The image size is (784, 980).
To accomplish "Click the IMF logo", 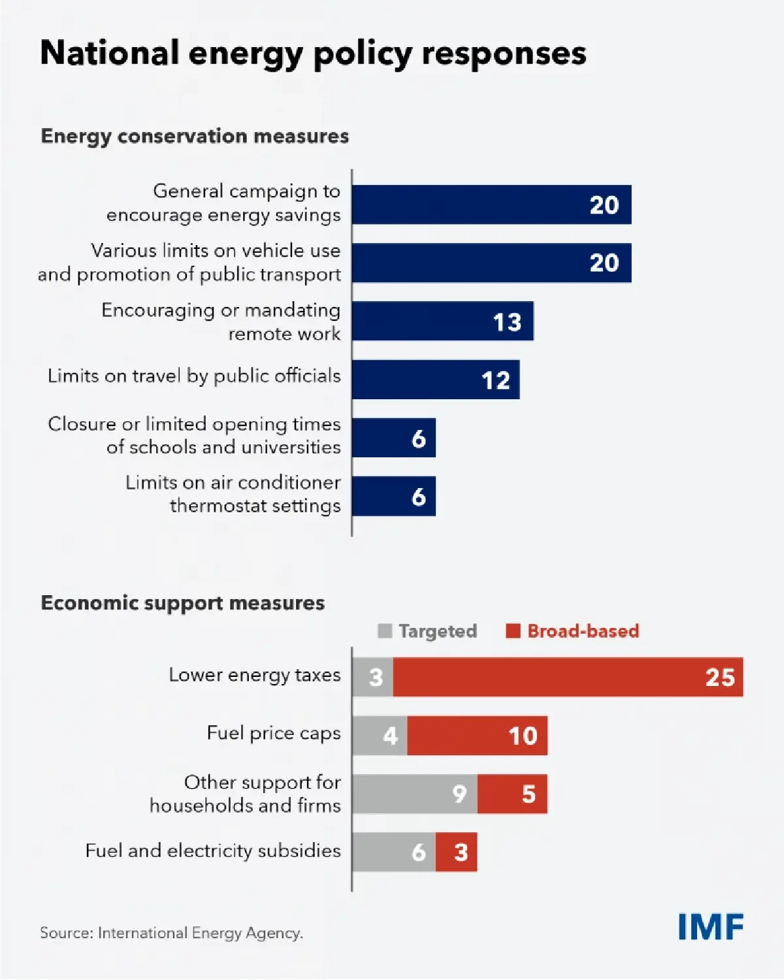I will tap(711, 926).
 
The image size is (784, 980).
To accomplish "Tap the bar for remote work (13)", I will tap(442, 321).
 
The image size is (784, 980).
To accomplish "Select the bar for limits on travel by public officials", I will tap(435, 380).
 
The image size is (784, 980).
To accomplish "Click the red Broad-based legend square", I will tap(513, 630).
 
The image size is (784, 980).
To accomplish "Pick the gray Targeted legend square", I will tap(385, 630).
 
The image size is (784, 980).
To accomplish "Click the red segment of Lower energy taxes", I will tap(567, 677).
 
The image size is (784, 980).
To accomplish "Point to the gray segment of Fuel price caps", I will tap(380, 736).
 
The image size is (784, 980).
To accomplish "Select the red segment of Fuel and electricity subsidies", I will tap(456, 852).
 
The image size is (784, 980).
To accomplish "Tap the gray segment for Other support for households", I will tap(415, 794).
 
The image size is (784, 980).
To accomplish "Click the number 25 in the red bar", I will tap(720, 678).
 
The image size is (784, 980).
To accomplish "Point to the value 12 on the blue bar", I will tap(495, 380).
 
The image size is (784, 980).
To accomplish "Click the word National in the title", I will tap(109, 53).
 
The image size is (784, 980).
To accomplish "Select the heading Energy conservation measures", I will tap(195, 136).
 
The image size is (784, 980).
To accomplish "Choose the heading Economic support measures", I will tap(182, 602).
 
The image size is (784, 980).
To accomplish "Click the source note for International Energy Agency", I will tap(171, 933).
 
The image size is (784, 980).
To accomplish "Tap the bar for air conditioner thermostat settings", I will tap(394, 496).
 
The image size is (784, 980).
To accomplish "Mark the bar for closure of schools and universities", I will tap(394, 438).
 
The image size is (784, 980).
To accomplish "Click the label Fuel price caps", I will tap(273, 733).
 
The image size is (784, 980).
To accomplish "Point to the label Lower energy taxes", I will tap(254, 675).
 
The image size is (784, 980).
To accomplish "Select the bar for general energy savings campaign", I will tap(491, 204).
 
